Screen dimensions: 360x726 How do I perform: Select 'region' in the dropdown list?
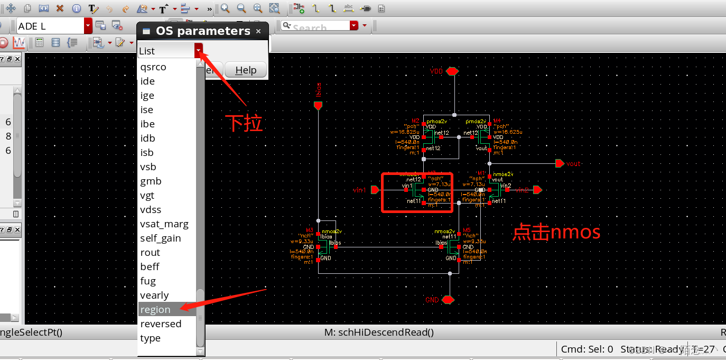(155, 310)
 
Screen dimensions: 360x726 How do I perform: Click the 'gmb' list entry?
(151, 181)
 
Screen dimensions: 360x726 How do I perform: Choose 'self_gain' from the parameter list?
(160, 238)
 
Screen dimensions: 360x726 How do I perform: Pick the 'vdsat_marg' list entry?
(164, 224)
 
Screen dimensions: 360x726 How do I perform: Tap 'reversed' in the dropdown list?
(161, 324)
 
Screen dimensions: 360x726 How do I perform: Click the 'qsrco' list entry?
(153, 67)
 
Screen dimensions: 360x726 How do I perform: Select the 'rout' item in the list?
(150, 253)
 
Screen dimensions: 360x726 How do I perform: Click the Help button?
(245, 70)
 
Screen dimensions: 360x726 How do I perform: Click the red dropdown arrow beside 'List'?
(198, 51)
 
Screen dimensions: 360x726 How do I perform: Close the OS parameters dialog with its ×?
(258, 31)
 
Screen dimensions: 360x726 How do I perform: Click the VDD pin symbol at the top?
(452, 71)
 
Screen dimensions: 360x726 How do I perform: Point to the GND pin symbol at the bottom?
(448, 300)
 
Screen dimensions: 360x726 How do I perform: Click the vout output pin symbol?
(559, 163)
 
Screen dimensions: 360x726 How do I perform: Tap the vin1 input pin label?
(359, 189)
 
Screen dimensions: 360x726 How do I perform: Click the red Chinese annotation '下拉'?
(244, 123)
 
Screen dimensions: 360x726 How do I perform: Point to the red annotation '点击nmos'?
(556, 233)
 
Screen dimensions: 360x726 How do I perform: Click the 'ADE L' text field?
(50, 26)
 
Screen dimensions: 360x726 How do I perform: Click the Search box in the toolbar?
(315, 26)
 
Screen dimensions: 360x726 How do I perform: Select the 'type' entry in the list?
(150, 338)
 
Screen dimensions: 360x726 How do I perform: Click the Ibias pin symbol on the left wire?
(318, 106)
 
